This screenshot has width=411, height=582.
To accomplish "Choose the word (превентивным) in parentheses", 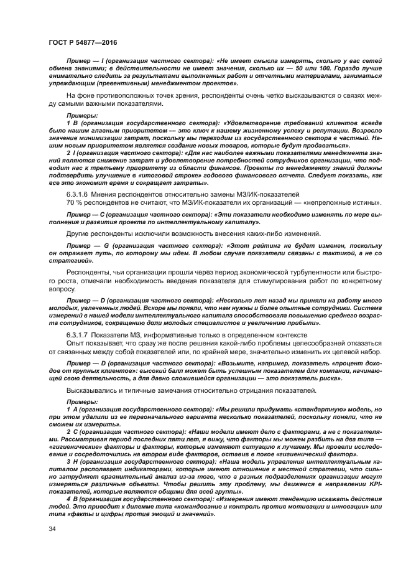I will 110,83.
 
